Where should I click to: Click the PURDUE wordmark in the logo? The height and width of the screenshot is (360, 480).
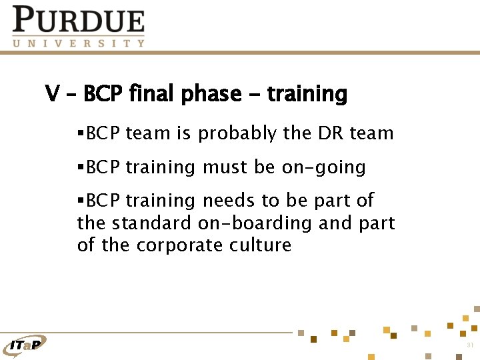tap(79, 20)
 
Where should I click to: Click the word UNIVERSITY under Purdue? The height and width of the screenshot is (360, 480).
tap(79, 43)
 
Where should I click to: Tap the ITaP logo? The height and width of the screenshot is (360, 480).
tap(25, 344)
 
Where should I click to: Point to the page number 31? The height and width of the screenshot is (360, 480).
tap(470, 345)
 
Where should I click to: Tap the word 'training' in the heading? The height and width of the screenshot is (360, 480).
tap(307, 95)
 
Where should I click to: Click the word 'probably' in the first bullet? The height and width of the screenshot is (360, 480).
tap(237, 134)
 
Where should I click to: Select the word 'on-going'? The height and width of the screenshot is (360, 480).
tap(323, 167)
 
